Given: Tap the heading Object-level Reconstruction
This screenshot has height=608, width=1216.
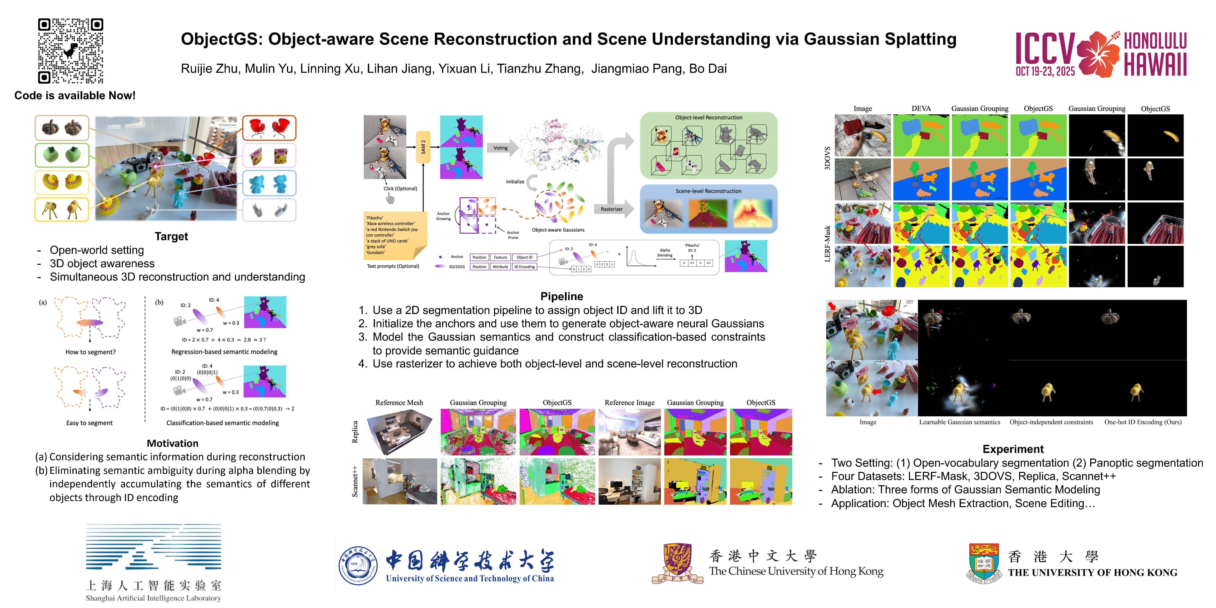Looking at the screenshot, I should click(708, 118).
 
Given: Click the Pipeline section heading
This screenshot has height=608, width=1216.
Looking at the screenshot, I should click(561, 296).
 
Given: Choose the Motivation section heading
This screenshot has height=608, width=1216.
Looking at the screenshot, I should click(172, 443).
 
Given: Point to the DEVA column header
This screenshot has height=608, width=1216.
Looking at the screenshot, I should click(921, 109).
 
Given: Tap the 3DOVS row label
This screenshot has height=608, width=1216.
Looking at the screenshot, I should click(827, 158).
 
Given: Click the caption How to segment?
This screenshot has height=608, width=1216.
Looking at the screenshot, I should click(90, 352).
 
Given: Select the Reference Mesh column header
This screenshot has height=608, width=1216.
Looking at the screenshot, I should click(399, 403).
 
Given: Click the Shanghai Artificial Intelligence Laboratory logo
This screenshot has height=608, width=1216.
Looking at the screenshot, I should click(153, 562).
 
